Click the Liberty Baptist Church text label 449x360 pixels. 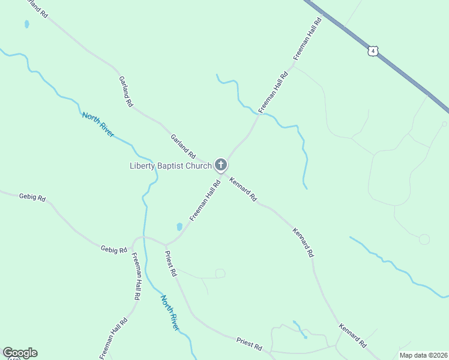tap(170, 166)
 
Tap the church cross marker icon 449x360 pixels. tap(220, 164)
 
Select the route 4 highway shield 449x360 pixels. tap(373, 52)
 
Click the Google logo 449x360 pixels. tap(20, 353)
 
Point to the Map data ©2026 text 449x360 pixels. tap(423, 355)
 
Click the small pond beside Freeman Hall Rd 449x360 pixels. tap(179, 227)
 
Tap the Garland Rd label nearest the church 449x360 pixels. tap(182, 146)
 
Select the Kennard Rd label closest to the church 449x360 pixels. tap(243, 188)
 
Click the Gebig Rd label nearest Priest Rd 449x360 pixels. tap(114, 249)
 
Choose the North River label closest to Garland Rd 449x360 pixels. tap(98, 124)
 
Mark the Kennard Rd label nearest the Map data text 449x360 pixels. tap(352, 336)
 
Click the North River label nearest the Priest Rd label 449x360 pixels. tap(170, 312)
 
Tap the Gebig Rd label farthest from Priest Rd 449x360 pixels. tap(32, 197)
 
